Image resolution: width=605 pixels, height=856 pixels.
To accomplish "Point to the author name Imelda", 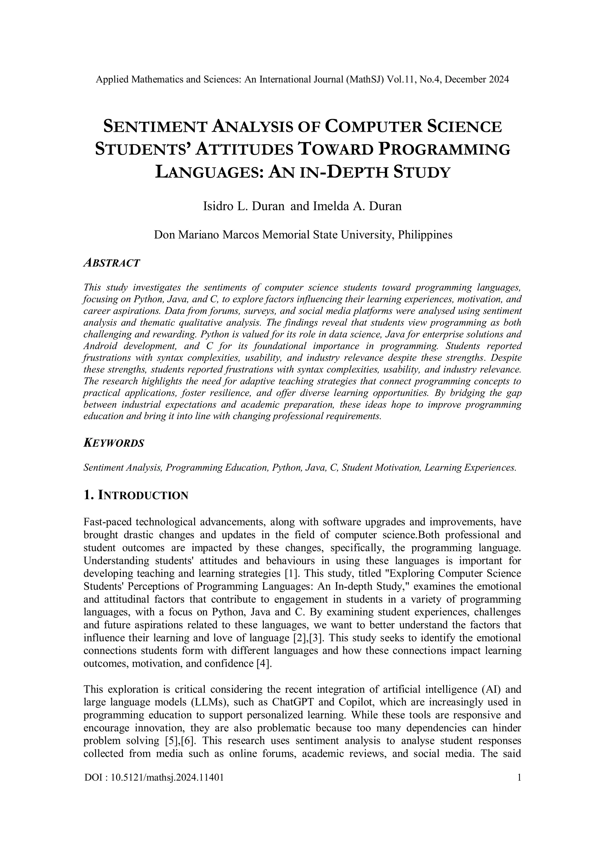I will [330, 206].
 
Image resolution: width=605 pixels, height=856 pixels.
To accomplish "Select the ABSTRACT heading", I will [112, 263].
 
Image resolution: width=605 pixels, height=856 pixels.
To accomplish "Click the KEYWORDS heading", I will [114, 443].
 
